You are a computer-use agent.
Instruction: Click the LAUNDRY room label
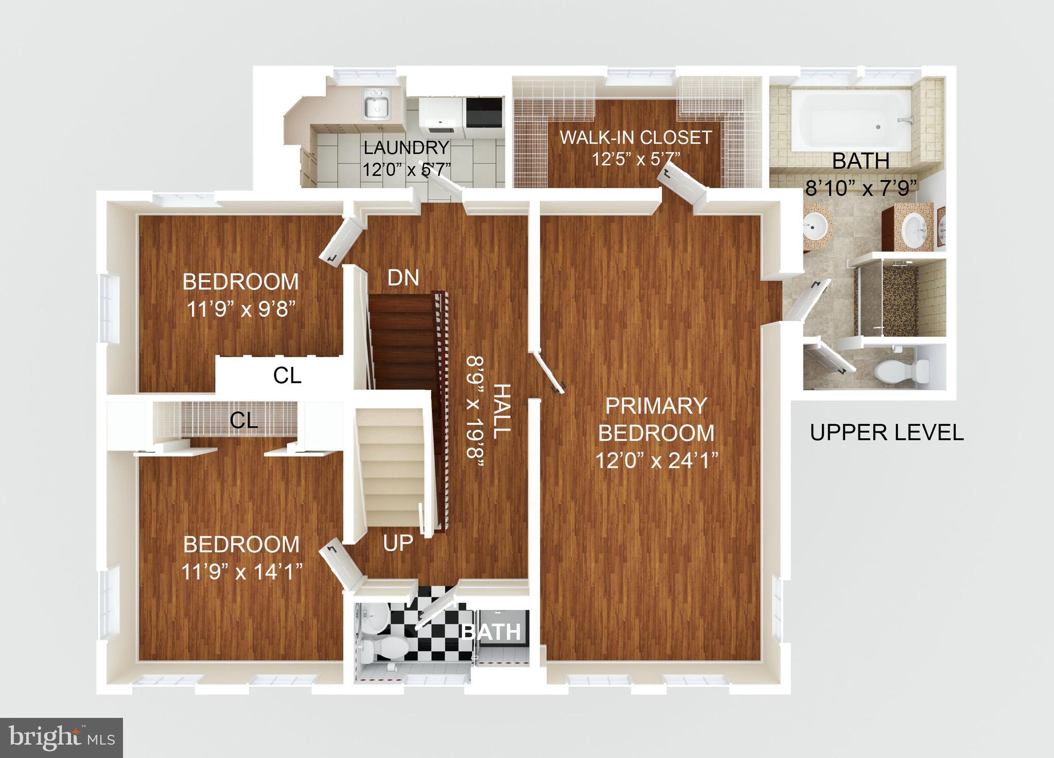click(x=406, y=148)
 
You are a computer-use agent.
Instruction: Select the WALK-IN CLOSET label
click(x=636, y=137)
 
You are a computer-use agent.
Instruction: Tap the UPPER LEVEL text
click(x=886, y=432)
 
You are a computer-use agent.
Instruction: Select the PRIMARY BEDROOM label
click(x=656, y=419)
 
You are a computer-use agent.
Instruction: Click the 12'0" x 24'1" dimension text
click(x=657, y=460)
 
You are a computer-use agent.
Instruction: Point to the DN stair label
click(x=403, y=278)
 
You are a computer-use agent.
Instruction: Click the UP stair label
click(x=398, y=543)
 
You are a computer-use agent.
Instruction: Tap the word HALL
click(x=501, y=411)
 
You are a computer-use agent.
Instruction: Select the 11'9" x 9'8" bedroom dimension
click(x=241, y=310)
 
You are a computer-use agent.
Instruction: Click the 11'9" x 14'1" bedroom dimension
click(x=241, y=571)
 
